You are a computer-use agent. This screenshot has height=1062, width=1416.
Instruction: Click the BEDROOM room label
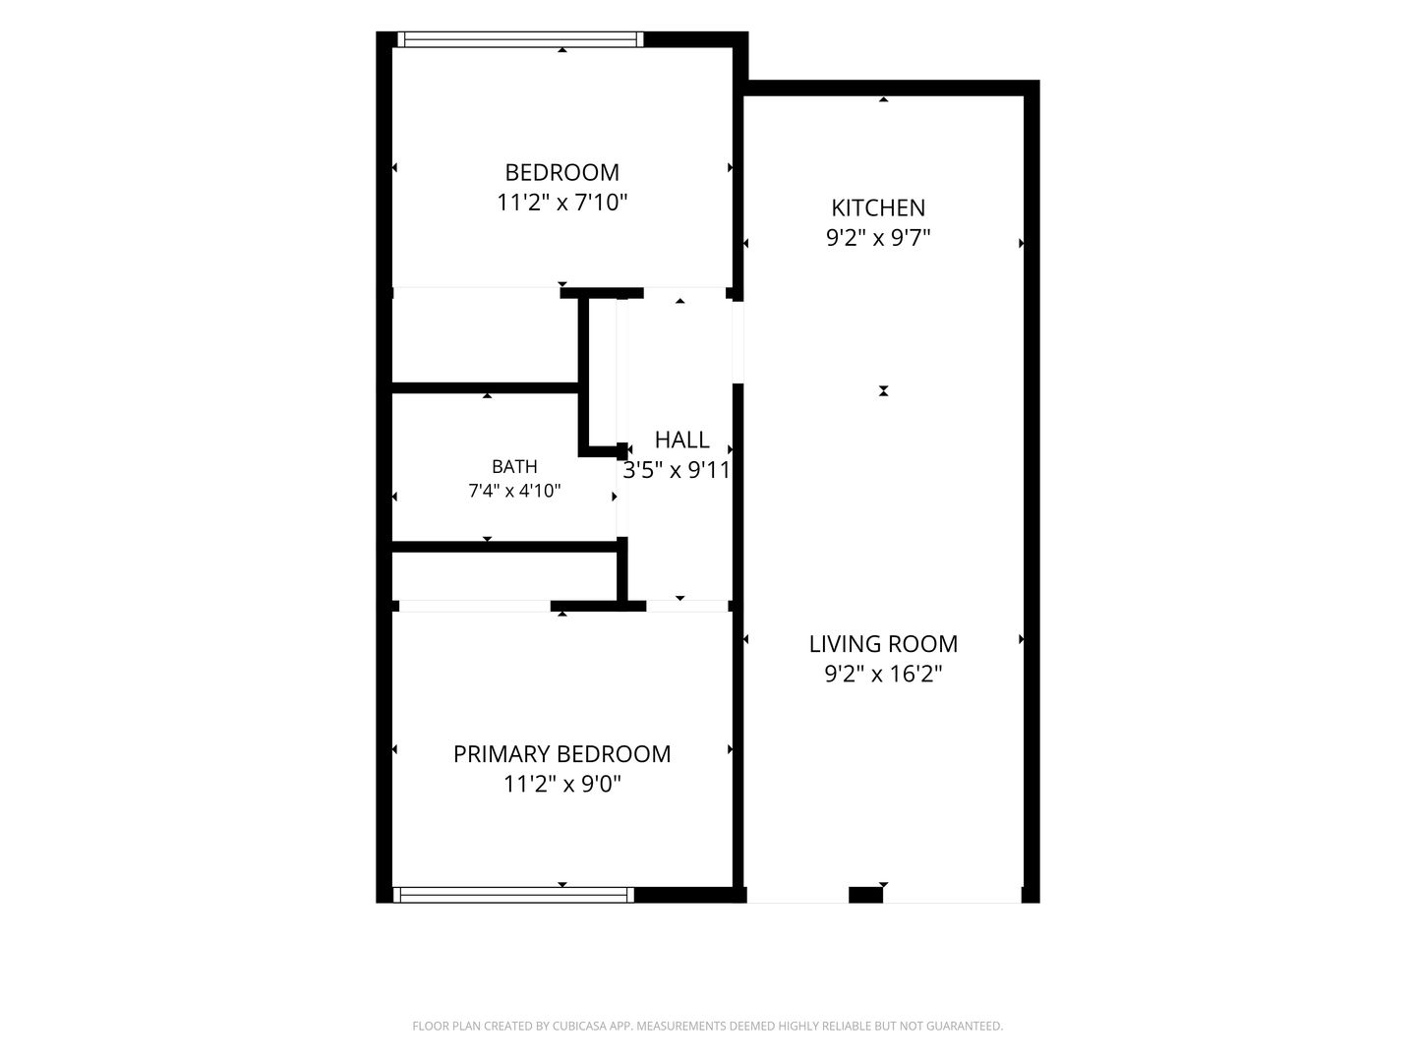tap(561, 172)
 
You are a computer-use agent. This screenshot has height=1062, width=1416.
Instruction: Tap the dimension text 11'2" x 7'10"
tap(561, 203)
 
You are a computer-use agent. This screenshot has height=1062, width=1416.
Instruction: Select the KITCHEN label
tap(878, 207)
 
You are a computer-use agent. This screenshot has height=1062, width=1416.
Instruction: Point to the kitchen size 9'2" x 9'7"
tap(878, 238)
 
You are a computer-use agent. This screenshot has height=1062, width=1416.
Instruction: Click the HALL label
tap(681, 440)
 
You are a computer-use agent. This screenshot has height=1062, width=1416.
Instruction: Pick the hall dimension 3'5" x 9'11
tap(677, 470)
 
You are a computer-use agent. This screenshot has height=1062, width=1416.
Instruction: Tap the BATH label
tap(514, 466)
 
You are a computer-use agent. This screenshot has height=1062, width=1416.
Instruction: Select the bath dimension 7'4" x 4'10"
tap(514, 492)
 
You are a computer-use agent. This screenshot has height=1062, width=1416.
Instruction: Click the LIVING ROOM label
tap(883, 643)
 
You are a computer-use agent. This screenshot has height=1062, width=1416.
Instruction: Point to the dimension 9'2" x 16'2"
tap(883, 674)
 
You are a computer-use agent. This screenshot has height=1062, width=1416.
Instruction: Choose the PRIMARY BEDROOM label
tap(561, 754)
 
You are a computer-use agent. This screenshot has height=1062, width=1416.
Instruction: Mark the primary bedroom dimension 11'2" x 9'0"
tap(561, 784)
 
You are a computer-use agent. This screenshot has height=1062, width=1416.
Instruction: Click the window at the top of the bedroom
tap(520, 39)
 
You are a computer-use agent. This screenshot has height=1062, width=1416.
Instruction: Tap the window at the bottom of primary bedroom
tap(513, 895)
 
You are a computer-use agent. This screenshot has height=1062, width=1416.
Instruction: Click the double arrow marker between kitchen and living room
tap(883, 390)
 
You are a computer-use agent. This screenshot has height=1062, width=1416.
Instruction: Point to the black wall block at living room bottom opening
tap(865, 895)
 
